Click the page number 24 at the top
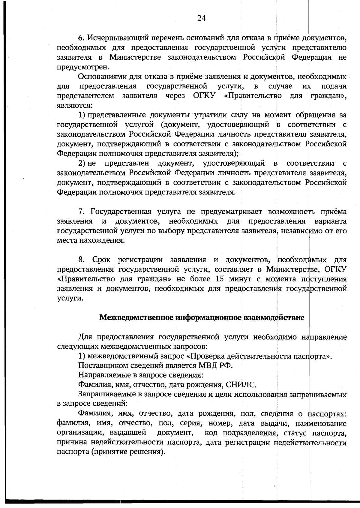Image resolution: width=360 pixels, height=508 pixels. tap(201, 19)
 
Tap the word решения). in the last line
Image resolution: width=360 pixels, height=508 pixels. tap(150, 452)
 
